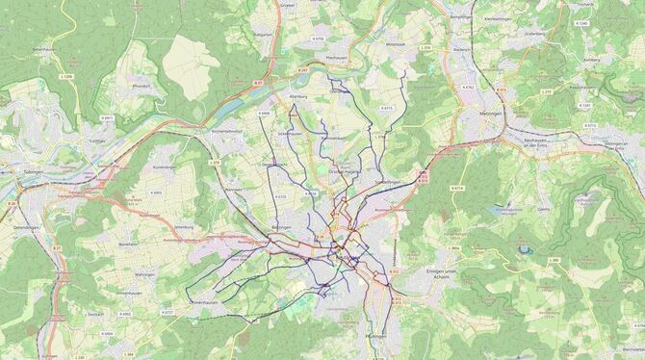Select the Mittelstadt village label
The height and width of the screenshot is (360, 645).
[397, 44]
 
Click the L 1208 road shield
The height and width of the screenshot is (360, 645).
[65, 76]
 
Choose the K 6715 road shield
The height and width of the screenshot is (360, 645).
[387, 108]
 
